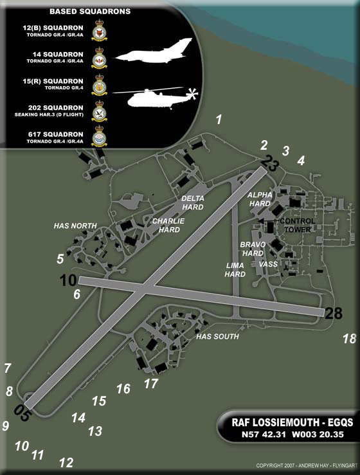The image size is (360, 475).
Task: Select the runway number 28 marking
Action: (x=334, y=314)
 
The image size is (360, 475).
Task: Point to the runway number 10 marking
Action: (x=68, y=280)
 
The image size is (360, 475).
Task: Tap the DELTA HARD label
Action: (x=193, y=202)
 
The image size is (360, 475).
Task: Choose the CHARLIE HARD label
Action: (x=168, y=225)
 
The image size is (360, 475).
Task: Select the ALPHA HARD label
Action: (x=260, y=199)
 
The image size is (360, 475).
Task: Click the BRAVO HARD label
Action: (x=253, y=249)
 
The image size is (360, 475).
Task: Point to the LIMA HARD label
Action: (x=235, y=269)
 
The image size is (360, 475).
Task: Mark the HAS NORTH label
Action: (x=75, y=226)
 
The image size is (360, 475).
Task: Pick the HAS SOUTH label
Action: (x=217, y=336)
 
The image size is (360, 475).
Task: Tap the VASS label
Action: (x=267, y=264)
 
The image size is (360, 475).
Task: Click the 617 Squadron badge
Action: (x=99, y=138)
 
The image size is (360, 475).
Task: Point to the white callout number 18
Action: (x=349, y=339)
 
